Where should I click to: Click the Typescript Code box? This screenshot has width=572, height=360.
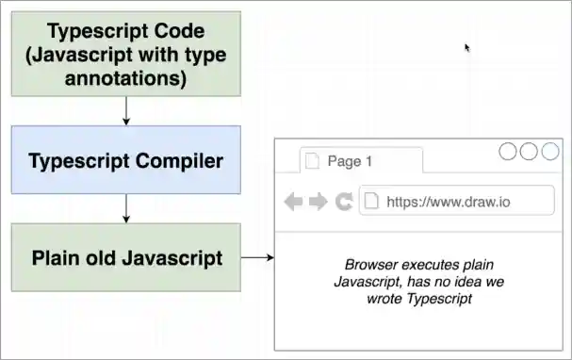tap(125, 55)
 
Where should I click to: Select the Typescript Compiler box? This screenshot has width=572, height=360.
tap(125, 160)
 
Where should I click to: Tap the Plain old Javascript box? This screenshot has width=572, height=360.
tap(125, 257)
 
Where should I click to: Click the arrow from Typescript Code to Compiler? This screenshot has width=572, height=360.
tap(125, 110)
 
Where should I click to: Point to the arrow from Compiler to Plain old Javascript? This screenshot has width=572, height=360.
tap(125, 208)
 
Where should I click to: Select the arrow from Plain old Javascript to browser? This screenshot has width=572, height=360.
tap(256, 257)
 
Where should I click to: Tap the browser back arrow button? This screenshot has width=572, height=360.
tap(294, 201)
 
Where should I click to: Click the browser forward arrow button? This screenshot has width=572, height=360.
tap(318, 201)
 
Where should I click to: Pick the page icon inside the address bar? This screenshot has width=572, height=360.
tap(372, 201)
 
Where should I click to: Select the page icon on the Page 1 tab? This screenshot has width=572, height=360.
tap(311, 161)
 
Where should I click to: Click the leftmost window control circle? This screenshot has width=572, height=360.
tap(508, 151)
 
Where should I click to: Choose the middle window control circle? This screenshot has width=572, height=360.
tap(529, 151)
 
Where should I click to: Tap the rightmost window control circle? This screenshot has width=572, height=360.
tap(549, 151)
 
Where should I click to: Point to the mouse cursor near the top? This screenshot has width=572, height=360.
tap(467, 47)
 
